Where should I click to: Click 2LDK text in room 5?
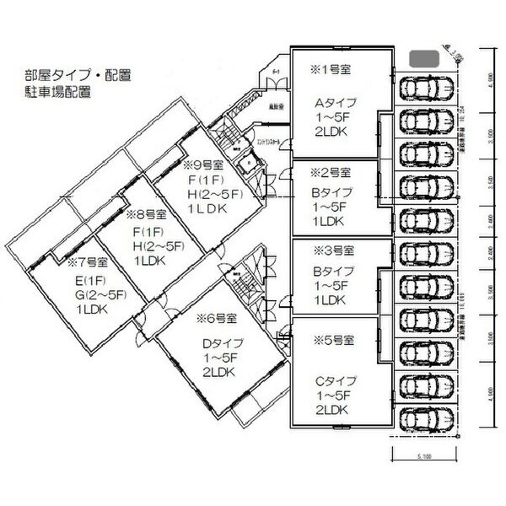click(x=333, y=410)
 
